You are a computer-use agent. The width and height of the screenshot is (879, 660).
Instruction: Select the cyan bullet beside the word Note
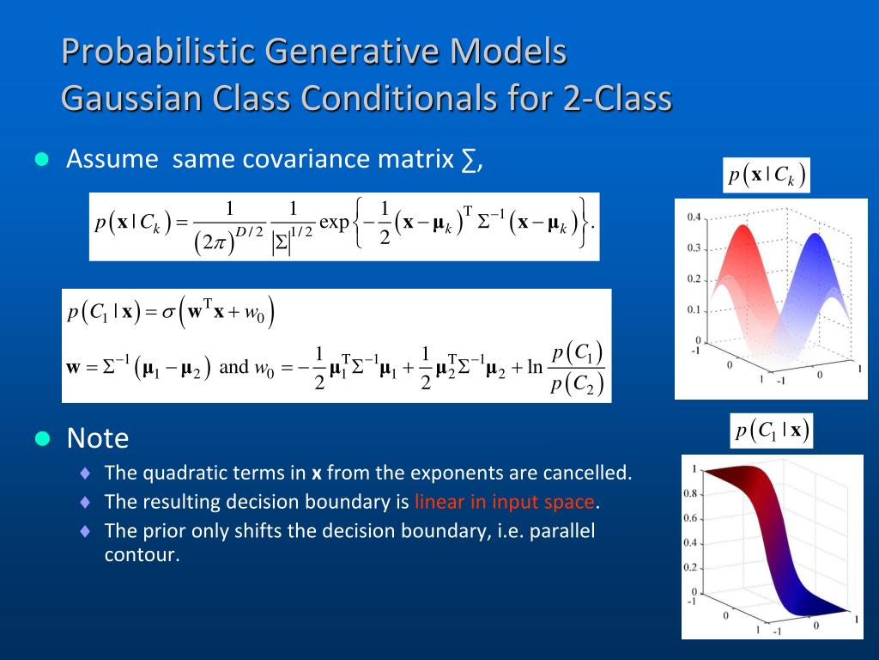point(42,438)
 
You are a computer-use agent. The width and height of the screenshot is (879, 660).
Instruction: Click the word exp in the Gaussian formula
point(334,223)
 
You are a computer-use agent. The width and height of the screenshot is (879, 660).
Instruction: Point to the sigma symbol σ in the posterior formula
point(168,312)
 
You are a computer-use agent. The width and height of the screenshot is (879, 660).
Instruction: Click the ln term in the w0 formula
point(536,367)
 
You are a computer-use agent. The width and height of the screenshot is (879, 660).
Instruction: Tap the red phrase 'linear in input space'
point(504,501)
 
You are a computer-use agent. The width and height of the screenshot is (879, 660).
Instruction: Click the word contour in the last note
point(142,554)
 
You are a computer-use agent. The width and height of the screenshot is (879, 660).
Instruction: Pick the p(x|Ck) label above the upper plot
point(767,175)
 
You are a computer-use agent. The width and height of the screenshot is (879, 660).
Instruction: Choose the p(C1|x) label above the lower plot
point(772,431)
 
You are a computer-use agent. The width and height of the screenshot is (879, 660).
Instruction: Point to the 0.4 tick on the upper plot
point(694,217)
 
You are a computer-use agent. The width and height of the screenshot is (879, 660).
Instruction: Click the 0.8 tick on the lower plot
point(690,494)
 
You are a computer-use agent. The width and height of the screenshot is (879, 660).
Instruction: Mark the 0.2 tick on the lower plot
point(690,567)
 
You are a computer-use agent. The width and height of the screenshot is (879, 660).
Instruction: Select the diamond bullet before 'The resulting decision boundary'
point(85,502)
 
